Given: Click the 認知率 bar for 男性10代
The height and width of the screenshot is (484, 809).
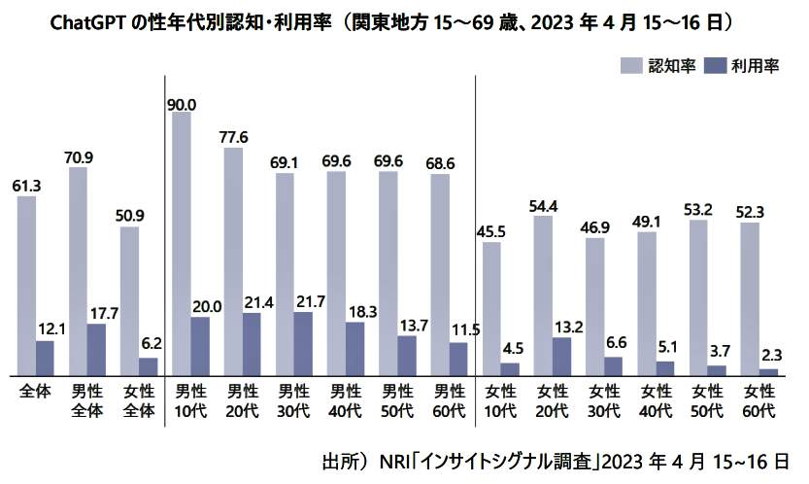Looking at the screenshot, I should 182,243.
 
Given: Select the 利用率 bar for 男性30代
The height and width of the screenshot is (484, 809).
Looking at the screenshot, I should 302,343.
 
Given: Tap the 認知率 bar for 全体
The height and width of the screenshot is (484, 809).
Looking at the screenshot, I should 27,285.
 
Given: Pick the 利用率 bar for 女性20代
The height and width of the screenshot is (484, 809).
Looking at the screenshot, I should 561,356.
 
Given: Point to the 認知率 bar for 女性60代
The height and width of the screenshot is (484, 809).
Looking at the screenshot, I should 750,298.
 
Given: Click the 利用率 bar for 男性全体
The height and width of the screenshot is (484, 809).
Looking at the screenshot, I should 96,349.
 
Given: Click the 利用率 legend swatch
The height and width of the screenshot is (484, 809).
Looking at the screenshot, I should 714,66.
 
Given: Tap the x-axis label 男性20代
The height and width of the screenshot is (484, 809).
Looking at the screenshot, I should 241,400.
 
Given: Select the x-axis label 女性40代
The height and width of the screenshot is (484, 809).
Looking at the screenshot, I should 656,400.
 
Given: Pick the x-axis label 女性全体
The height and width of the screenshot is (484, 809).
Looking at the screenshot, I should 138,400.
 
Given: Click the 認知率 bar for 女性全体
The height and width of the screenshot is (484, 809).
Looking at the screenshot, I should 129,300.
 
